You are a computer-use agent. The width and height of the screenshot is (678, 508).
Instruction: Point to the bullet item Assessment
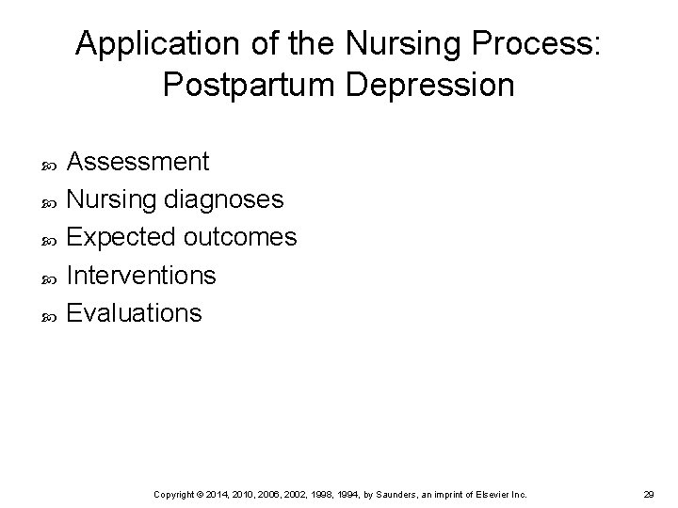click(x=138, y=162)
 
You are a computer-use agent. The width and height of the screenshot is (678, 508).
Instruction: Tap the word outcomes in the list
click(x=240, y=237)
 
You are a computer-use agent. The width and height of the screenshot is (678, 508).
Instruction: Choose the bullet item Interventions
click(x=142, y=275)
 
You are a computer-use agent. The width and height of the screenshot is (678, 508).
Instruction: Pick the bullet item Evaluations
click(x=135, y=312)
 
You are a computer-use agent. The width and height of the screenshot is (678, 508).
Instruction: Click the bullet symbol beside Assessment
click(x=50, y=164)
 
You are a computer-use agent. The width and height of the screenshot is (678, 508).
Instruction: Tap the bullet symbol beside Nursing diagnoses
click(x=50, y=201)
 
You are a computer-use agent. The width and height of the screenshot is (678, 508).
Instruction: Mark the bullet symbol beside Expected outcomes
click(x=50, y=239)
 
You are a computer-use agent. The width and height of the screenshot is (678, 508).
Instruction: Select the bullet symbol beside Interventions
click(x=50, y=277)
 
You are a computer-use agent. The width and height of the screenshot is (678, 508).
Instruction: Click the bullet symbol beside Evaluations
click(x=50, y=314)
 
